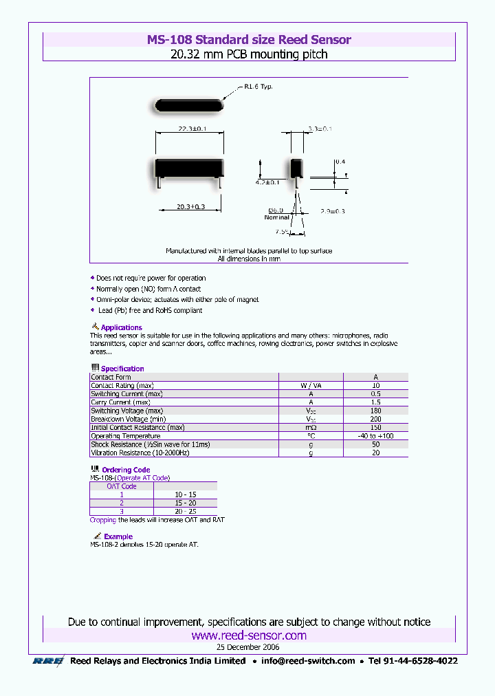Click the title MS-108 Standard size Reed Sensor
pyautogui.click(x=248, y=40)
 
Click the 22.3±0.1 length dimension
pyautogui.click(x=190, y=129)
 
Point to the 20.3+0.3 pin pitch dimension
pyautogui.click(x=190, y=206)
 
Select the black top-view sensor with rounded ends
pyautogui.click(x=188, y=105)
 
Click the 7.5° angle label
pyautogui.click(x=281, y=231)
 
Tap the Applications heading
pyautogui.click(x=121, y=327)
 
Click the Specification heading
pyautogui.click(x=122, y=369)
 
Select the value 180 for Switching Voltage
pyautogui.click(x=375, y=411)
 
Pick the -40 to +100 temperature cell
pyautogui.click(x=375, y=436)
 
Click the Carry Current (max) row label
pyautogui.click(x=120, y=402)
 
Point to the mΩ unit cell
pyautogui.click(x=310, y=428)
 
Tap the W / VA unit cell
pyautogui.click(x=310, y=386)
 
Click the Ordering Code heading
pyautogui.click(x=125, y=470)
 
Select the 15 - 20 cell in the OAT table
pyautogui.click(x=185, y=503)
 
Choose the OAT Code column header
pyautogui.click(x=121, y=486)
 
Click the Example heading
pyautogui.click(x=118, y=536)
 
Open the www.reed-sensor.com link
pyautogui.click(x=248, y=635)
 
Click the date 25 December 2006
pyautogui.click(x=248, y=647)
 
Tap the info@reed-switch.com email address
pyautogui.click(x=308, y=661)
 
